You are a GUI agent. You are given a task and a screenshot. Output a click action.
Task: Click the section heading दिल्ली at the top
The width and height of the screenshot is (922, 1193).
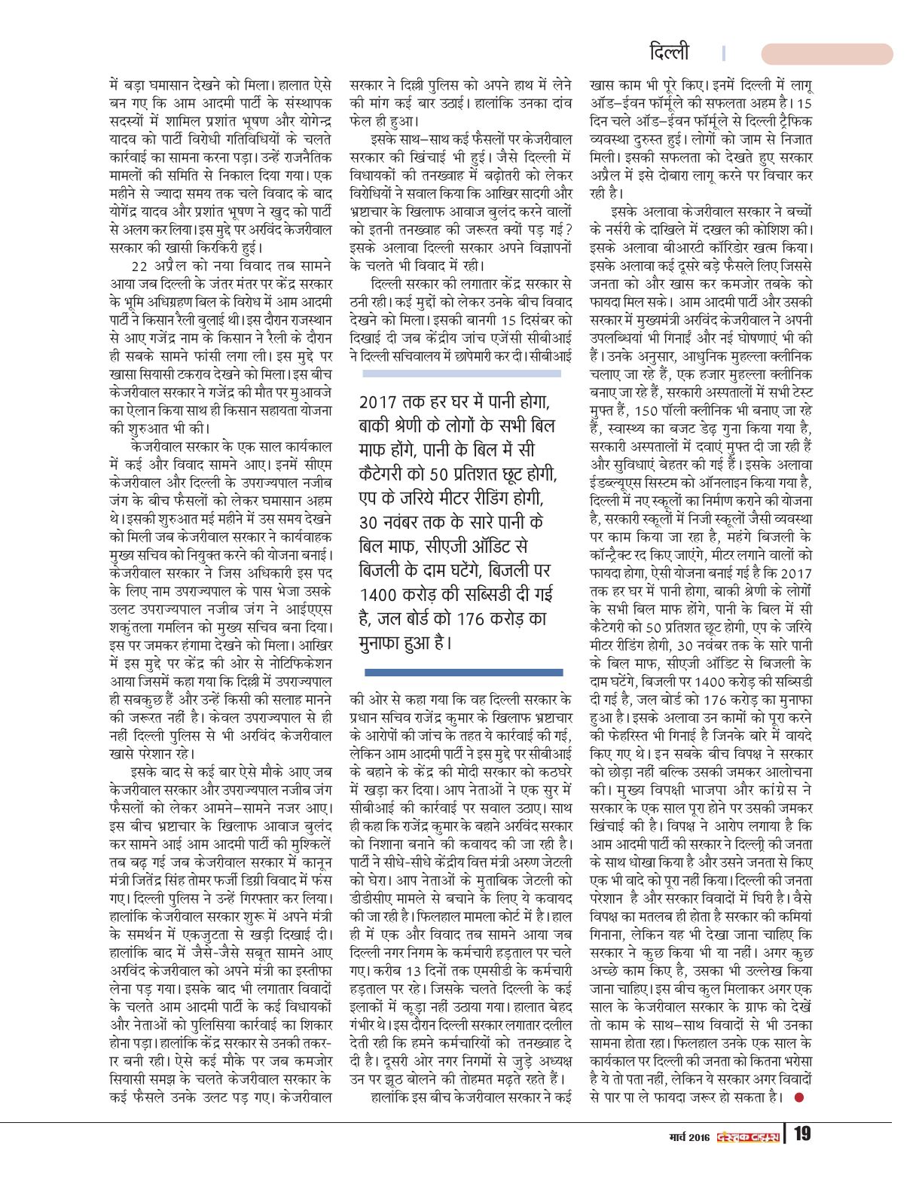(668, 53)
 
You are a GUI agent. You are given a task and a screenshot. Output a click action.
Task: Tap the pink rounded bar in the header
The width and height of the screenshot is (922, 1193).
(826, 53)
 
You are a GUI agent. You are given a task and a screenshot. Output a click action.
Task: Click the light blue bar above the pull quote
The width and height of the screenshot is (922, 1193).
(462, 373)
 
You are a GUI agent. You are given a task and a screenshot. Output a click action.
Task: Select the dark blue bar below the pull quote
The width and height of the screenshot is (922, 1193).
(463, 672)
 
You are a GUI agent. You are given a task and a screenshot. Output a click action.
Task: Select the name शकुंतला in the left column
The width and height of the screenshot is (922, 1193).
(137, 627)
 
